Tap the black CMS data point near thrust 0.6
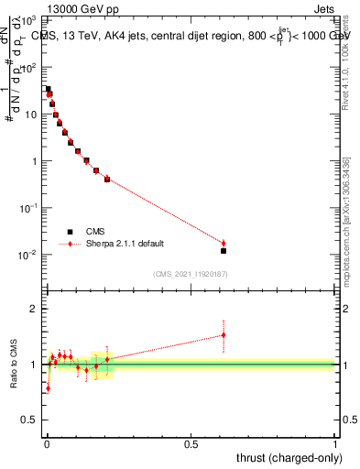(224, 250)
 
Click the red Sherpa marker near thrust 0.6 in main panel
(224, 243)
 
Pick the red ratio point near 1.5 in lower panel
(224, 335)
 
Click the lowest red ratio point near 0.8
(48, 387)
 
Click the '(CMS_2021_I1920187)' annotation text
(190, 273)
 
